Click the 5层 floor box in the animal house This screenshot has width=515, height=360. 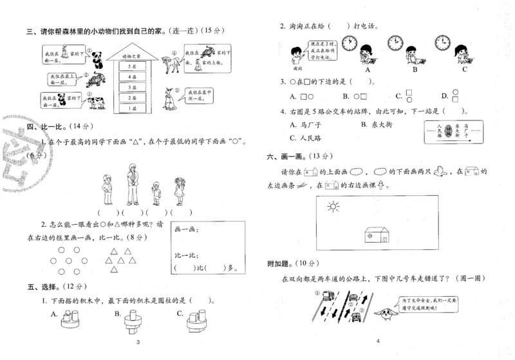click(133, 67)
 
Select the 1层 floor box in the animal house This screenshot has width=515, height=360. click(133, 109)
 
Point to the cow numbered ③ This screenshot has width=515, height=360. click(95, 101)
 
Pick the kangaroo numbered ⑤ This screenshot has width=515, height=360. click(171, 97)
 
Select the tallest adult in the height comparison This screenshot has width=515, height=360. click(133, 183)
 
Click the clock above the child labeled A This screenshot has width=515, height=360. click(349, 43)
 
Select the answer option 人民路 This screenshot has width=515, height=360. click(306, 137)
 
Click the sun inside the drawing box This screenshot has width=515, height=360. click(333, 207)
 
